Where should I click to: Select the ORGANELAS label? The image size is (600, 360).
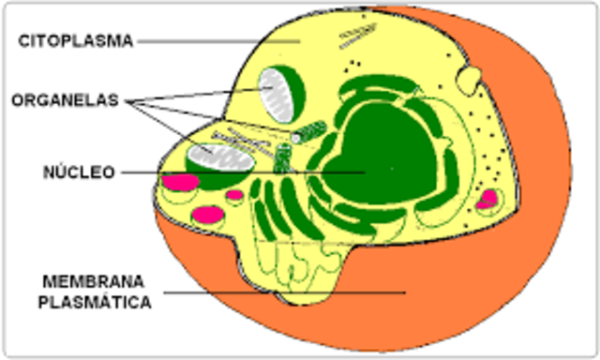pos(66,101)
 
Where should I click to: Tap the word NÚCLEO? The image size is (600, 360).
pos(79,172)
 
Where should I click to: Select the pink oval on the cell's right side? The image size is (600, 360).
pos(487,199)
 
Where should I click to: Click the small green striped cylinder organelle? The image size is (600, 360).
pos(308,132)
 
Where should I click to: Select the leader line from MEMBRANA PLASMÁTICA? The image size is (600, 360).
pos(281,292)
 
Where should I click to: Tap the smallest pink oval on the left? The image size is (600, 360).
pos(234,195)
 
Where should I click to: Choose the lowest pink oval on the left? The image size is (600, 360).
pos(207,214)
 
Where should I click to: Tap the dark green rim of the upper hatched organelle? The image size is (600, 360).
pos(297,94)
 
